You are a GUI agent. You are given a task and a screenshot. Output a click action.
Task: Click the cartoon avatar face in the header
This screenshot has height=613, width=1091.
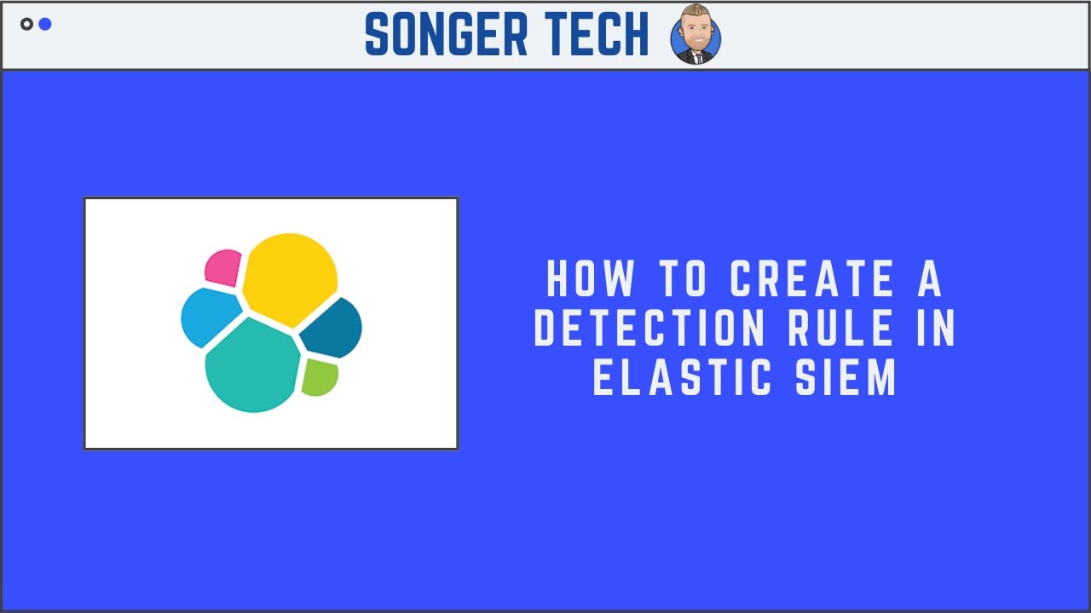point(696,34)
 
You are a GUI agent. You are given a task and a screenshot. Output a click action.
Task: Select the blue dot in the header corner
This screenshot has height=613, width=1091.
point(45,24)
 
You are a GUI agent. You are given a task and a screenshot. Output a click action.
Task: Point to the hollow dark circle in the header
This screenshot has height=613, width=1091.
point(26,24)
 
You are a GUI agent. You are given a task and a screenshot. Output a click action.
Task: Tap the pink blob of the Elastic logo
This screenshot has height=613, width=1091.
point(223,266)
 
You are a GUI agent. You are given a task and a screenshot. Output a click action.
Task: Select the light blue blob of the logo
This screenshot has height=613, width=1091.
point(209,315)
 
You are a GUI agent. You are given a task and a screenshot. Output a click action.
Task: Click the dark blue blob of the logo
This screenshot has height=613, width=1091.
point(332,329)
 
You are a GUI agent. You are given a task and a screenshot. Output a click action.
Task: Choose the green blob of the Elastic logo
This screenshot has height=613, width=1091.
point(320,376)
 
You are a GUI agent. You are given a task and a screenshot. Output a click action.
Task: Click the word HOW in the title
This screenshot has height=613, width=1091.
point(591,280)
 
